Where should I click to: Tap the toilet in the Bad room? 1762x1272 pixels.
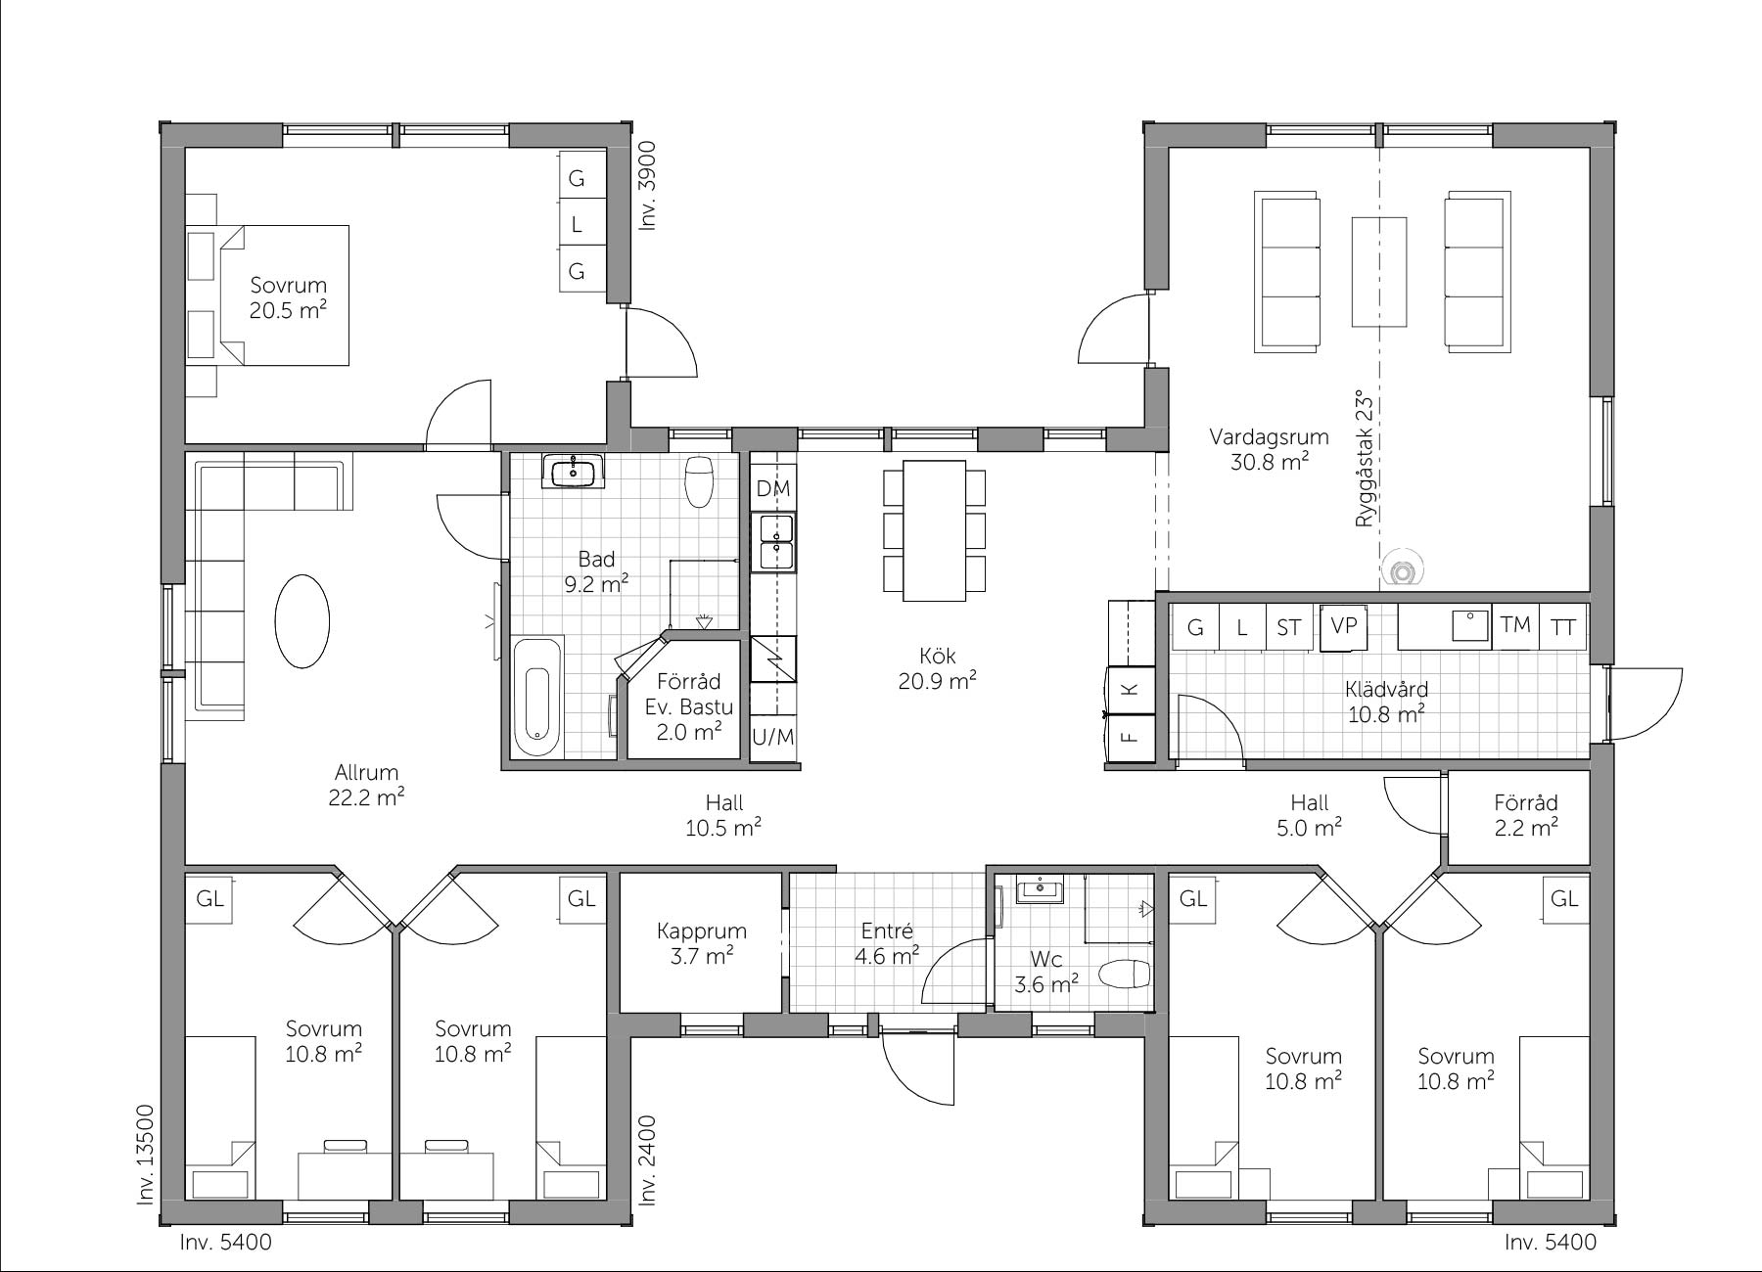pyautogui.click(x=699, y=481)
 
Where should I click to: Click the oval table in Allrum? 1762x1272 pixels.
pyautogui.click(x=302, y=620)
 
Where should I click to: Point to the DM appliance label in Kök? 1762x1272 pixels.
pyautogui.click(x=773, y=488)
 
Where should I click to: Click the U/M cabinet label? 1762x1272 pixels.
pyautogui.click(x=773, y=736)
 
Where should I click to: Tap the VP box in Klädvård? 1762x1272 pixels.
pyautogui.click(x=1343, y=625)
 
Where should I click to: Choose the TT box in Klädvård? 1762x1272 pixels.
pyautogui.click(x=1563, y=626)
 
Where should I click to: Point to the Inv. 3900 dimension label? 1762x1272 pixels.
pyautogui.click(x=648, y=187)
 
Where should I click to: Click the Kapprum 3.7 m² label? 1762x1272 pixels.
pyautogui.click(x=702, y=943)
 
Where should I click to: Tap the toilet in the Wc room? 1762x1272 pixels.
pyautogui.click(x=1124, y=974)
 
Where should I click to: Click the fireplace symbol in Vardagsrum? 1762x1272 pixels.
pyautogui.click(x=1404, y=570)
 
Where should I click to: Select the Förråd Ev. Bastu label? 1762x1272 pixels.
pyautogui.click(x=689, y=694)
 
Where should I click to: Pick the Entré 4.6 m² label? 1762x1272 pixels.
pyautogui.click(x=887, y=943)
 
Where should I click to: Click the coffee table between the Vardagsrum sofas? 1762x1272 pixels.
pyautogui.click(x=1379, y=271)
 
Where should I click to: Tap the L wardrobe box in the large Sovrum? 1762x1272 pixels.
pyautogui.click(x=577, y=223)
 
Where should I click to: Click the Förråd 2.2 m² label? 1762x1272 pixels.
pyautogui.click(x=1526, y=815)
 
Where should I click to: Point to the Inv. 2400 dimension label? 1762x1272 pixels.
pyautogui.click(x=648, y=1160)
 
